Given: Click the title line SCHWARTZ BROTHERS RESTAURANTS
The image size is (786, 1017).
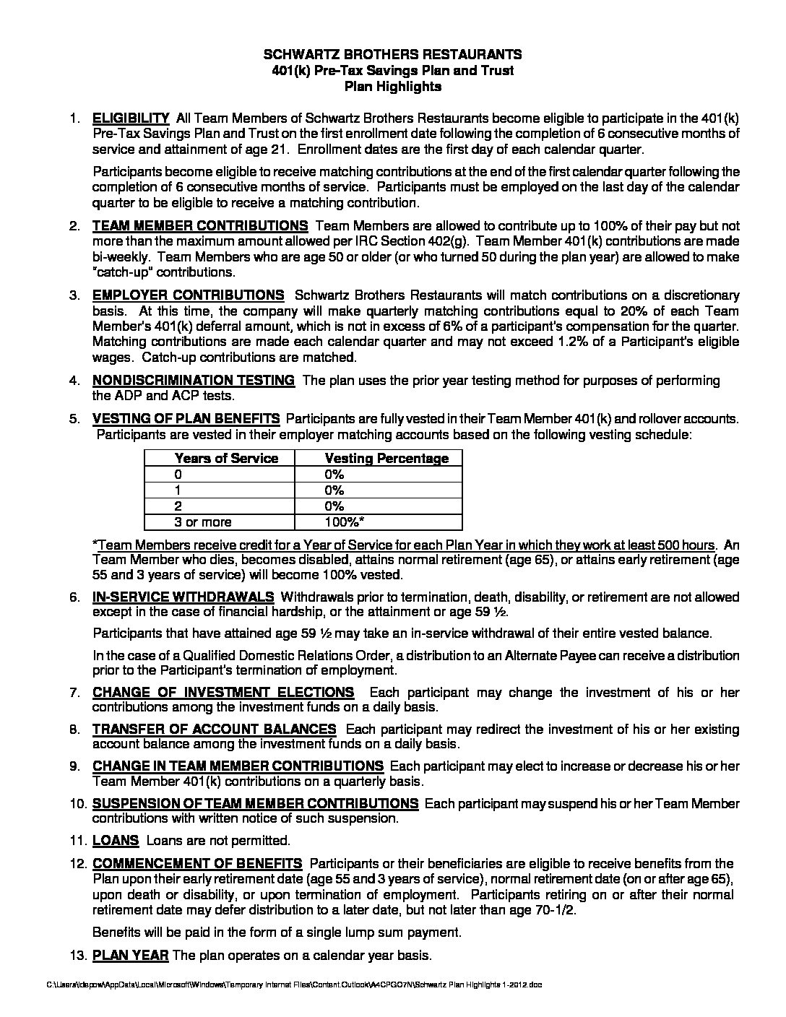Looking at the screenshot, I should [x=392, y=54].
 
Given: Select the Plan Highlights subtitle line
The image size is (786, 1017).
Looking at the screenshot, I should [x=392, y=87].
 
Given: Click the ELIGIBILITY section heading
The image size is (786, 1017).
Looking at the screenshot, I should [x=131, y=118].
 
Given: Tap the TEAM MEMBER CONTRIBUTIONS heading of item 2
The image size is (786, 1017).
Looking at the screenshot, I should [x=200, y=225].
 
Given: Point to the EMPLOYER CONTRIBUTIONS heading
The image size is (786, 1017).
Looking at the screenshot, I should [x=188, y=295].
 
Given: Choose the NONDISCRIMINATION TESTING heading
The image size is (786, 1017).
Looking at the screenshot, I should [x=193, y=380].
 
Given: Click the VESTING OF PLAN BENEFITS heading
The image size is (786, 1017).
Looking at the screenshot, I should [x=186, y=418].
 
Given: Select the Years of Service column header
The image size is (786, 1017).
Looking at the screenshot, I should [x=226, y=458].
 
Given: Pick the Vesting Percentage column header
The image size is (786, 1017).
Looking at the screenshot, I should [x=386, y=458].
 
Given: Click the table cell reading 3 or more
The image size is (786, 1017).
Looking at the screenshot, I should [x=203, y=522].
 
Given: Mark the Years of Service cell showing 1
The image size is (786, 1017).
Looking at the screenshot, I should [x=178, y=490].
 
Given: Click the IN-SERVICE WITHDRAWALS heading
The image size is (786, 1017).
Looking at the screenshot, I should [x=183, y=597].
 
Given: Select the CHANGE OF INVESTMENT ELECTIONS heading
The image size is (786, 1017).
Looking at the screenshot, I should [x=223, y=692].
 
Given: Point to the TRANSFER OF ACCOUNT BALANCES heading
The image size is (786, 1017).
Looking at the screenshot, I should [x=214, y=729].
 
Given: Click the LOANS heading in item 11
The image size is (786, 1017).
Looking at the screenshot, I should [x=116, y=840].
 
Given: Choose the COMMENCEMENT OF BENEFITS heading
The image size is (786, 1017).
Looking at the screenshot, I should [x=197, y=863].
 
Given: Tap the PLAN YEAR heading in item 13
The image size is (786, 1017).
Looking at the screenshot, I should [x=130, y=955].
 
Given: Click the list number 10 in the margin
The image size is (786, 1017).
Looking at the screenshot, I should [x=78, y=803].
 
